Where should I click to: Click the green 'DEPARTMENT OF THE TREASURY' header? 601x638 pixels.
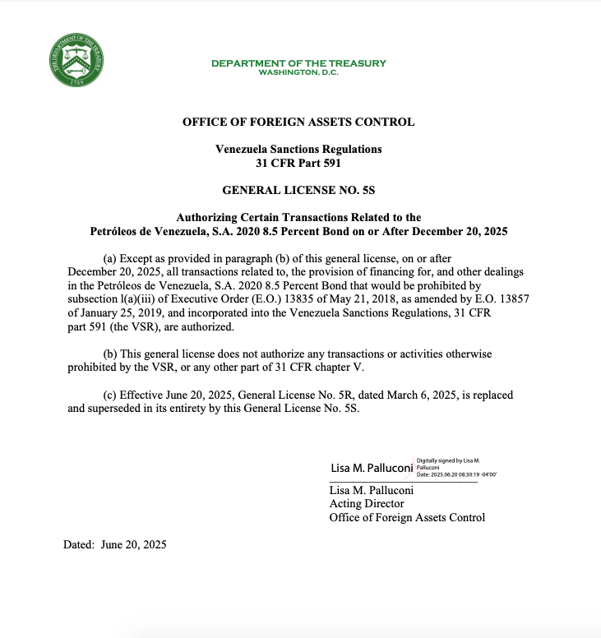point(298,63)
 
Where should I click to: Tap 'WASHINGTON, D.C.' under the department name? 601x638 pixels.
point(298,72)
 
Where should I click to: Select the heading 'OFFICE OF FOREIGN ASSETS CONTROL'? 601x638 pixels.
point(298,123)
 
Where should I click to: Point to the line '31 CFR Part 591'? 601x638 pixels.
point(298,163)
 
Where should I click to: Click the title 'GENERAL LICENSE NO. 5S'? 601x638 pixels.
point(298,190)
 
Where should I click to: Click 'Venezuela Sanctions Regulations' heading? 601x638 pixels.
point(298,150)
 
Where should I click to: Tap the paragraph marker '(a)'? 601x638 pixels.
point(110,258)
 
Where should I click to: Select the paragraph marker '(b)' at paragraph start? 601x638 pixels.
point(110,354)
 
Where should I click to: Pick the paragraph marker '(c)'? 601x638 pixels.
point(110,395)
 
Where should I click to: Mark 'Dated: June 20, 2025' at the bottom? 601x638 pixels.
point(115,544)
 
